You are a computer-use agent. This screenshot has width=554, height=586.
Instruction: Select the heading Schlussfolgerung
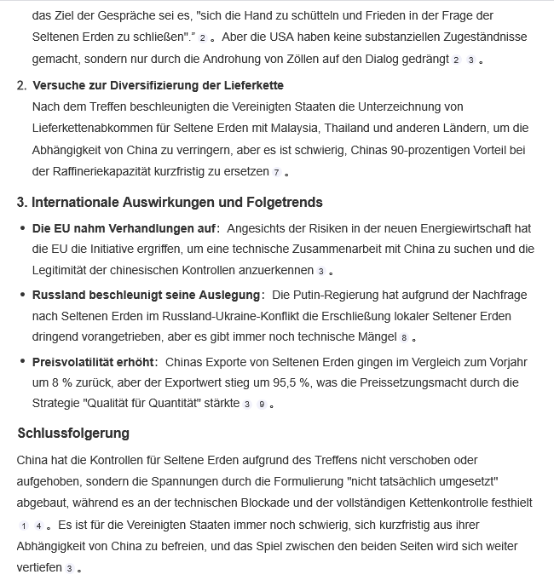tap(73, 433)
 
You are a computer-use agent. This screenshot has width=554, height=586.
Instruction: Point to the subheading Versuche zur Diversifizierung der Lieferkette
tap(158, 85)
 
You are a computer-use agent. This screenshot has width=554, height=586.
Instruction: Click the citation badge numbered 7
tap(276, 172)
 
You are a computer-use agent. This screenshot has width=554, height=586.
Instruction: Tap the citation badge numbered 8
tap(404, 338)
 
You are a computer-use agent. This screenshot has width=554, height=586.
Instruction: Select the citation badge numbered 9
tap(262, 404)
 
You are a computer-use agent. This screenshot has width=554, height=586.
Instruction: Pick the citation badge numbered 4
tap(38, 526)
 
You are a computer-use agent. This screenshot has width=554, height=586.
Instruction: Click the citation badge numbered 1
tap(24, 526)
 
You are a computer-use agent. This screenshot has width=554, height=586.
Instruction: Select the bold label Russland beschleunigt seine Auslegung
tap(147, 295)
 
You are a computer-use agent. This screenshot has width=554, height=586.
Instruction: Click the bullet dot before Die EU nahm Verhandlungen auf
tap(22, 229)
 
